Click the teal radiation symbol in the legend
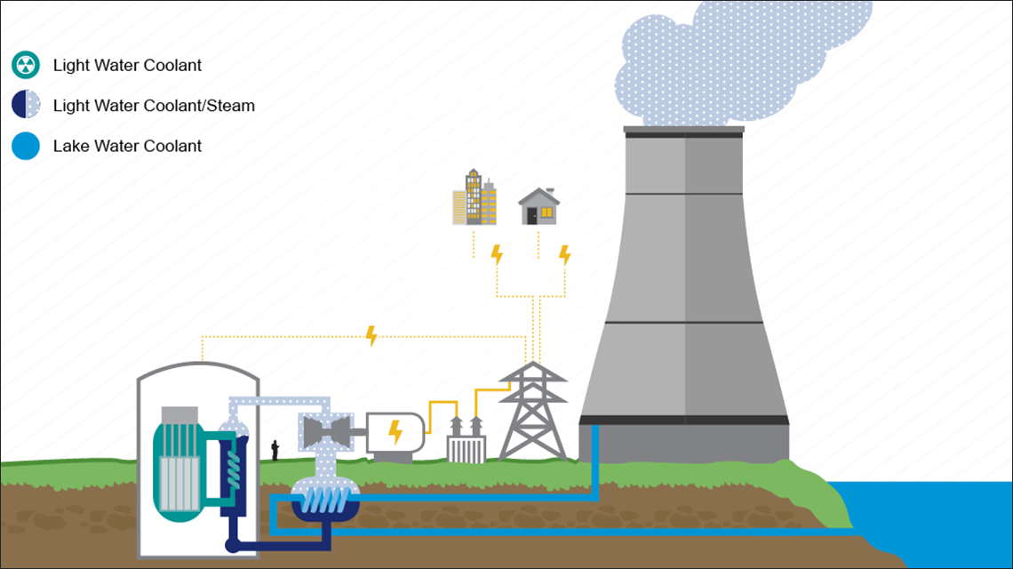(26, 65)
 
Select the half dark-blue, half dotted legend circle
(26, 106)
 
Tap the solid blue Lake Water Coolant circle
(26, 146)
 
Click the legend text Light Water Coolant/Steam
(154, 106)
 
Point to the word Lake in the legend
(69, 146)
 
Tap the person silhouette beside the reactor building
(275, 449)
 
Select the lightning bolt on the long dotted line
(371, 336)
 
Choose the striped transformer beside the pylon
(466, 443)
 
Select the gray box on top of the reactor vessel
(179, 414)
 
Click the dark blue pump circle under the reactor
(232, 546)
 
